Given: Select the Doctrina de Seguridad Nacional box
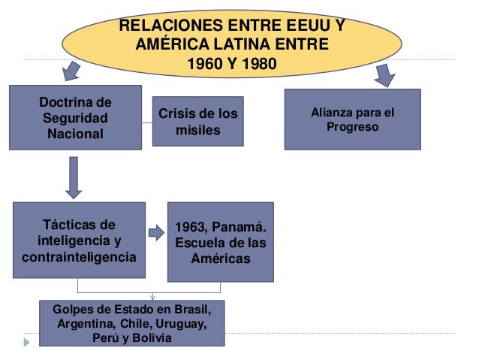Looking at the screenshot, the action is point(76,118).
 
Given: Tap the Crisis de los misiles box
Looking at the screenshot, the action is point(197,122).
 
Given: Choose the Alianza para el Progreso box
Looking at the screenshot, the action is point(352,119).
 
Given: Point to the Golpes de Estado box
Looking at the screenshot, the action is point(131,323).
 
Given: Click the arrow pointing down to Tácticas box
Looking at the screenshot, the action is point(74,176).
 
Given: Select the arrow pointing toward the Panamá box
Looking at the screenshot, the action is point(156,233).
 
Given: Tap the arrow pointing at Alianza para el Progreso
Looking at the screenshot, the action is point(385,74).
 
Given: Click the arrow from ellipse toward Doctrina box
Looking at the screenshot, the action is point(71,71).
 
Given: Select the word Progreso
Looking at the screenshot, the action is point(352,127).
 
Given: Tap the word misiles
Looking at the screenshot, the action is point(197,130).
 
